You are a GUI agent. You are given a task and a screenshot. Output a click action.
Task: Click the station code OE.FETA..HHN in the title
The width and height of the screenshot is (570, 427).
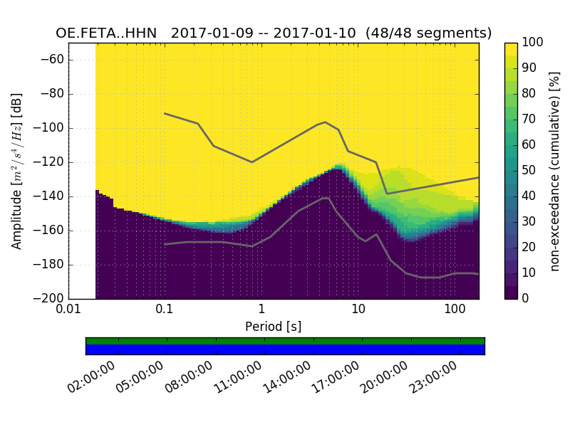coord(106,33)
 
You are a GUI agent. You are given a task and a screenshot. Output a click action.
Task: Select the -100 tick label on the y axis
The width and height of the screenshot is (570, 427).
coord(49,128)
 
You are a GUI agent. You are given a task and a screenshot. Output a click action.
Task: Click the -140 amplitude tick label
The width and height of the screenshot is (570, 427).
coord(49,196)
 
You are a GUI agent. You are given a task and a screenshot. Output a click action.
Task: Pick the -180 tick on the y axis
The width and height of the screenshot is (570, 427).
coord(49,265)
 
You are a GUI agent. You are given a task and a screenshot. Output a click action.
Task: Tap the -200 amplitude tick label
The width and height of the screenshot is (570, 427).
coord(49,298)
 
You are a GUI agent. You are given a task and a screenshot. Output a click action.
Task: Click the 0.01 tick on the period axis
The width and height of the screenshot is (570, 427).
coord(68,310)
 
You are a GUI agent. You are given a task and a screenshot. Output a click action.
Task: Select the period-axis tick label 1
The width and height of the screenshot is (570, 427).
coord(261,310)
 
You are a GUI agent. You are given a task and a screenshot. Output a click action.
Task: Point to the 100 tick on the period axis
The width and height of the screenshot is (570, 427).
coord(455,310)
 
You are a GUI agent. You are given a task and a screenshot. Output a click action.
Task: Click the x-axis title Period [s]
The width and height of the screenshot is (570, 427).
coord(273,326)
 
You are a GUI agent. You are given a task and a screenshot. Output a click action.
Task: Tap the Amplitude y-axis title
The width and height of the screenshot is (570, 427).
coord(17,171)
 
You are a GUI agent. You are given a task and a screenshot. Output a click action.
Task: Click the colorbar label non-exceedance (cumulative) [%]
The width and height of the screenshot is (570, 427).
coord(556,171)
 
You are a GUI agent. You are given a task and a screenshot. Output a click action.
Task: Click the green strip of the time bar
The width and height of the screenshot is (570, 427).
coord(285,341)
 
